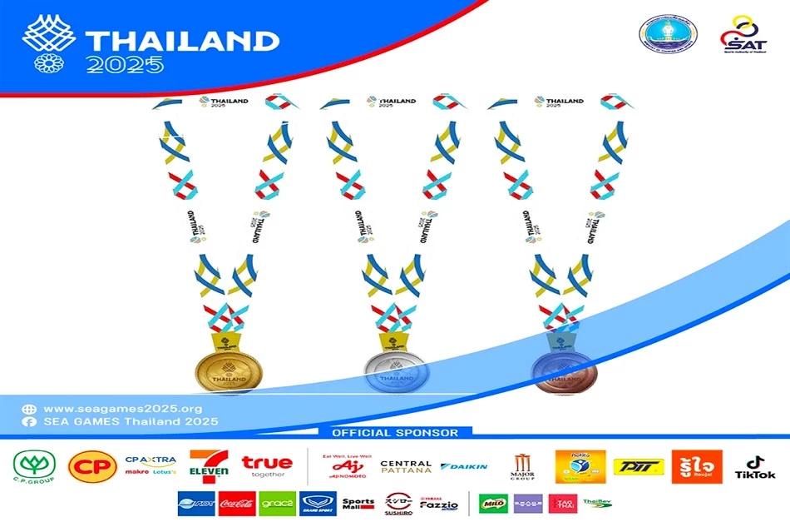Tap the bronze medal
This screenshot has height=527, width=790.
click(x=563, y=370)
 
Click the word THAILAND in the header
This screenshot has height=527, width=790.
click(x=182, y=41)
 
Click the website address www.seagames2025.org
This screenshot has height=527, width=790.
click(x=123, y=409)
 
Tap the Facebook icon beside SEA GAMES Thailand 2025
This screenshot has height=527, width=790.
click(x=30, y=422)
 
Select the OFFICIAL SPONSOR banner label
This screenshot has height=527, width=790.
click(x=395, y=433)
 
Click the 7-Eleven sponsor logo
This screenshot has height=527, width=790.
click(x=209, y=467)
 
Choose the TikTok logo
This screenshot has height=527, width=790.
click(x=754, y=467)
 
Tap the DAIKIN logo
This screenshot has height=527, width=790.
click(x=464, y=467)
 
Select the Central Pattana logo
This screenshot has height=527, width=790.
click(x=406, y=467)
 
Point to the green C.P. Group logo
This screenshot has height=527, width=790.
click(x=33, y=467)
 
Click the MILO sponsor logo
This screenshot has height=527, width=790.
click(x=492, y=504)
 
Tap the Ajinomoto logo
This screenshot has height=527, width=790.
click(x=342, y=467)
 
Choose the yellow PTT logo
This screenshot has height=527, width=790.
click(x=639, y=467)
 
